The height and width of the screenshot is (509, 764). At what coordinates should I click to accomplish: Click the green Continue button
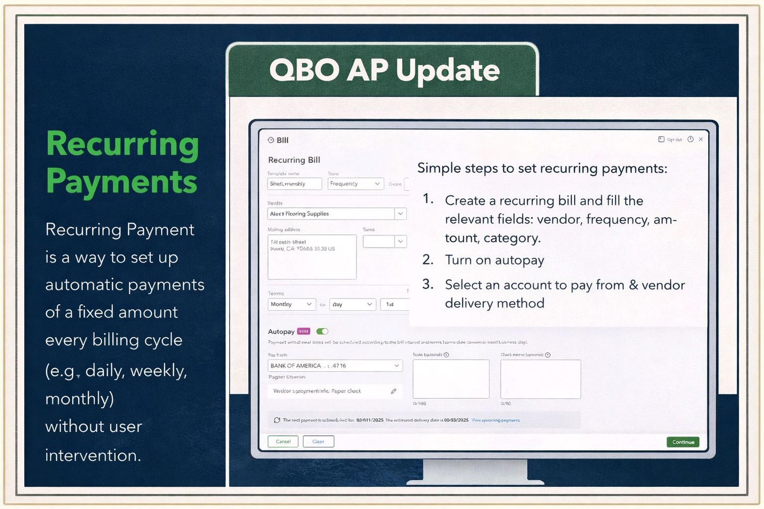[x=683, y=442]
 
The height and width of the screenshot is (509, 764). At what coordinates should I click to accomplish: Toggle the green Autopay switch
[x=322, y=331]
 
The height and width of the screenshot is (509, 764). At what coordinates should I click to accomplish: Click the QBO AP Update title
[x=384, y=70]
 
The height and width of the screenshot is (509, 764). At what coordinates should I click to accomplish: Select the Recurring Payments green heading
[x=122, y=162]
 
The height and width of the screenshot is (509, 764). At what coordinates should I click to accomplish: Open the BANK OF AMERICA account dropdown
[x=335, y=366]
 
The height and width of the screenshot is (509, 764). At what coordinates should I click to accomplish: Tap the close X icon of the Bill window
[x=701, y=139]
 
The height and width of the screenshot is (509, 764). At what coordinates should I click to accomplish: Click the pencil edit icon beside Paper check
[x=394, y=391]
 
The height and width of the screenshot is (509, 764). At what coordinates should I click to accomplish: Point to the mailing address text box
[x=312, y=257]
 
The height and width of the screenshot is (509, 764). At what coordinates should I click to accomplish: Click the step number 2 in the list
[x=428, y=260]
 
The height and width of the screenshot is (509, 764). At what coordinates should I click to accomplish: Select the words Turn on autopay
[x=494, y=260]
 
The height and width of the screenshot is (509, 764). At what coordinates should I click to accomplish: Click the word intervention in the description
[x=93, y=455]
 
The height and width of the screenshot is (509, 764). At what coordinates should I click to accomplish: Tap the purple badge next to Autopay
[x=303, y=331]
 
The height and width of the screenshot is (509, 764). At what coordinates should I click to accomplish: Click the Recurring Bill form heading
[x=294, y=160]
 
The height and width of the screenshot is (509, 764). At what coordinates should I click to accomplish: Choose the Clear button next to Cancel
[x=318, y=442]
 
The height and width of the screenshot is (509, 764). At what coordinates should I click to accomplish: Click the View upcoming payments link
[x=496, y=420]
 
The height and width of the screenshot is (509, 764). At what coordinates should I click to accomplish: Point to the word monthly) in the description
[x=80, y=398]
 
